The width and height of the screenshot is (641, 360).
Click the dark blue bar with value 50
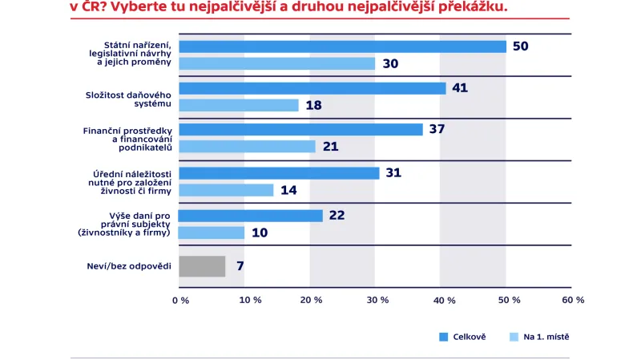[x=342, y=47]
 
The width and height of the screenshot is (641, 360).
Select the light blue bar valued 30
[x=276, y=63]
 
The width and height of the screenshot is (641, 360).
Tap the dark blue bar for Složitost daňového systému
[x=312, y=88]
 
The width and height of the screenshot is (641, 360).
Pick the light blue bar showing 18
[x=238, y=105]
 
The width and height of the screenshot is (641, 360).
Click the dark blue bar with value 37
[x=300, y=130]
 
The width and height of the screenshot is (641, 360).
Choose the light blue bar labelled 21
[x=247, y=147]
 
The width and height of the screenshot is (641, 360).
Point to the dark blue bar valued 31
[x=279, y=173]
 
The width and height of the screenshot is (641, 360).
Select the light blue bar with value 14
[x=226, y=190]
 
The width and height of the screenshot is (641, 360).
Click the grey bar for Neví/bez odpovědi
[x=202, y=266]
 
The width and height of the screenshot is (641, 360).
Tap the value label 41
[x=460, y=88]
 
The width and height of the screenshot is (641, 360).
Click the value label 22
[x=337, y=216]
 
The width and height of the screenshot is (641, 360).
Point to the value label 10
[x=260, y=233]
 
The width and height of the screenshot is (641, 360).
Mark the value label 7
[x=240, y=266]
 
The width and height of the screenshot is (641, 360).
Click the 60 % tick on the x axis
[x=573, y=300]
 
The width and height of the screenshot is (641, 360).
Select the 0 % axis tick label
[x=179, y=300]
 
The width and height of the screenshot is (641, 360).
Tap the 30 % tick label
[x=377, y=300]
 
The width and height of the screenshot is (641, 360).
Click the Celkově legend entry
[x=463, y=337]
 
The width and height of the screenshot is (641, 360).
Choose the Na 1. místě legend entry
[x=540, y=337]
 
